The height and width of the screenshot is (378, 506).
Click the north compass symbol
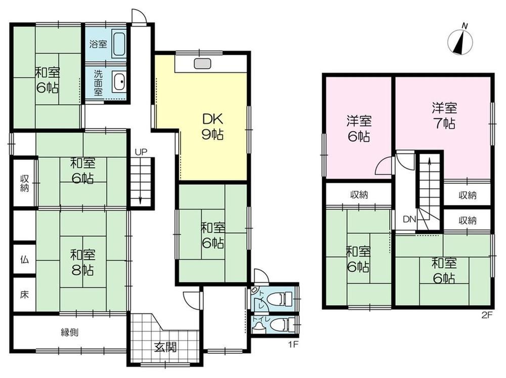pos(460,40)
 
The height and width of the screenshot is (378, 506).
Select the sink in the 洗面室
pos(119,82)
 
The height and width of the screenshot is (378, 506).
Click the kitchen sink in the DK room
pos(202,63)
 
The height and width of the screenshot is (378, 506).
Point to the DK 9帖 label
pos(213,127)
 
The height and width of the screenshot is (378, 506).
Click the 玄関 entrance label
pos(165,347)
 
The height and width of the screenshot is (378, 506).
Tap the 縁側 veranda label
pos(70,332)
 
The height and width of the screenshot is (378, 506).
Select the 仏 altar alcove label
pos(24,259)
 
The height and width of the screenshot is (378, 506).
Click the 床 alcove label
pos(24,295)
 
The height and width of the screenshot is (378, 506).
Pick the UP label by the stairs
pos(141,152)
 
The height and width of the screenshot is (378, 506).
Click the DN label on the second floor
pos(409,220)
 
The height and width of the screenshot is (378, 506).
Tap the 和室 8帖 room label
pos(82,262)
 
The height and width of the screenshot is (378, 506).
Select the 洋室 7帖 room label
pos(444,115)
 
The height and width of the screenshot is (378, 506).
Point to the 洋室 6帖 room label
pos(359,128)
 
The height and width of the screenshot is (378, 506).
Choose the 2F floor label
pos(487,315)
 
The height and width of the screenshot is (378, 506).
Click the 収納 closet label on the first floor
pos(24,183)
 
